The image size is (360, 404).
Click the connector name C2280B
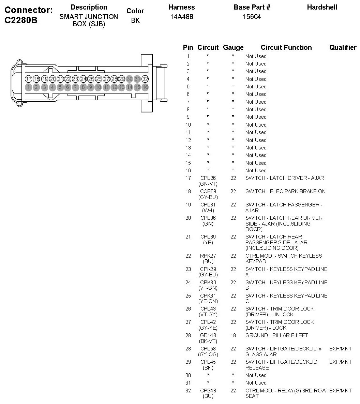tap(21, 20)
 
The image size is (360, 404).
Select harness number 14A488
tap(182, 16)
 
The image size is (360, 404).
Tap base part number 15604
tap(252, 16)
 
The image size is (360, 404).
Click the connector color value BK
tap(135, 20)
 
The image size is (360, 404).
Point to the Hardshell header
tap(322, 7)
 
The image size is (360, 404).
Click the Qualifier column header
tap(343, 47)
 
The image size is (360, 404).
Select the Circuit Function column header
tap(286, 47)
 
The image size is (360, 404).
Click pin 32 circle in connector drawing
tap(145, 79)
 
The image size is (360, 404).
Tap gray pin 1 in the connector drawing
tap(28, 87)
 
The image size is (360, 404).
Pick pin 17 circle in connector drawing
tap(28, 79)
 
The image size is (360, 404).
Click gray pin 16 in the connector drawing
tap(145, 87)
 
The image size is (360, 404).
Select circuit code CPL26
tap(208, 178)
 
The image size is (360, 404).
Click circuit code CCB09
tap(208, 191)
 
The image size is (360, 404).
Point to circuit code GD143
tap(208, 335)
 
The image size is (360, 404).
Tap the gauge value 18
tap(233, 335)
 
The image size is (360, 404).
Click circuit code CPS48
tap(208, 390)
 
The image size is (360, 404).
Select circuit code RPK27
tap(208, 256)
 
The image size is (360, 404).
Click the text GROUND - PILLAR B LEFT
tap(276, 335)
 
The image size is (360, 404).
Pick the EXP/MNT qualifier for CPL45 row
tap(340, 362)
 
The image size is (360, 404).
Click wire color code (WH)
tap(208, 211)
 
